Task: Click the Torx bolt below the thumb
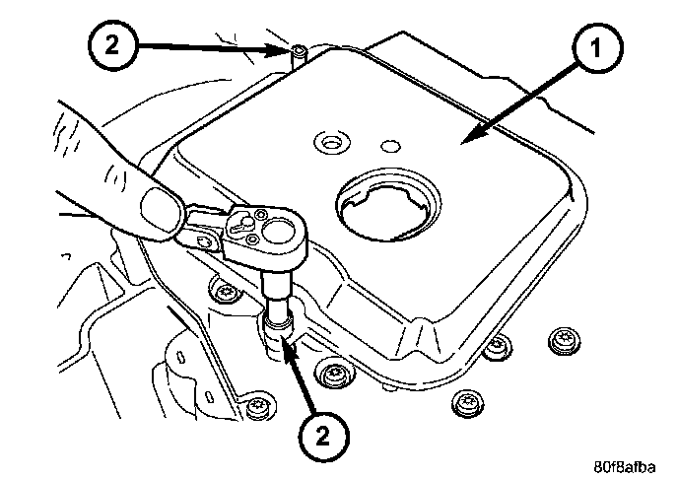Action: click(x=225, y=292)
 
